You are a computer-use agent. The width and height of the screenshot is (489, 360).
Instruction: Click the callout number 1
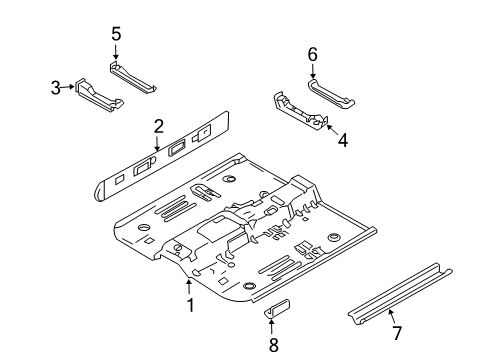tap(190, 305)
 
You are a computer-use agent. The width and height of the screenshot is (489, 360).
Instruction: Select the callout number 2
tap(159, 127)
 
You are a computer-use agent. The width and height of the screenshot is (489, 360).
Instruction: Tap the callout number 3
tap(56, 88)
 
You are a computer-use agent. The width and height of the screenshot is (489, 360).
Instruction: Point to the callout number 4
tap(343, 140)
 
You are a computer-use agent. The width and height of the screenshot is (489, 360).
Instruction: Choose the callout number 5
tap(116, 34)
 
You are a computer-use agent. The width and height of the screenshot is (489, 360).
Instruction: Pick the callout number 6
tap(312, 55)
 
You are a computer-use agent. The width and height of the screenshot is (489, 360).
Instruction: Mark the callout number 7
tap(396, 333)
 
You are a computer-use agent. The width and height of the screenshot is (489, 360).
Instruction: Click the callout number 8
tap(274, 345)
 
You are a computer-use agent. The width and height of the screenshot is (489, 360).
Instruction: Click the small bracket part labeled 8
tap(277, 308)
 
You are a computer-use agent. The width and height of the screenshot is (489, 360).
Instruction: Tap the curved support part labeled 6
tap(331, 94)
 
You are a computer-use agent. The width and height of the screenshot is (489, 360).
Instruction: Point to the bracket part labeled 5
tap(132, 77)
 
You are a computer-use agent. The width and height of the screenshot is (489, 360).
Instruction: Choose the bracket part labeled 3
tap(99, 96)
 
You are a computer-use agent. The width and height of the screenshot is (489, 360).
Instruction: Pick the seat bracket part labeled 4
tap(301, 112)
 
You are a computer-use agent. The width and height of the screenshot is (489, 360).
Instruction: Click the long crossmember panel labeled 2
tap(162, 157)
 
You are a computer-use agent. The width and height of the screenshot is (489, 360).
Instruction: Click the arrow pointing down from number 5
tap(116, 53)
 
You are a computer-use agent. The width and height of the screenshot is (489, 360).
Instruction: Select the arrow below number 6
tap(313, 71)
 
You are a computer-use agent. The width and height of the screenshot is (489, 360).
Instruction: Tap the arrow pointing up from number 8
tap(272, 327)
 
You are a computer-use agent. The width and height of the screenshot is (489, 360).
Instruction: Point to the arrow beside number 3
tap(68, 87)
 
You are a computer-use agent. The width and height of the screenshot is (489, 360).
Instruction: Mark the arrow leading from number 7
tap(391, 316)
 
